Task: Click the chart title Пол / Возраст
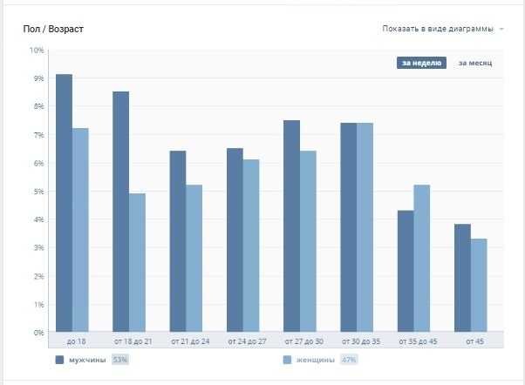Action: click(54, 30)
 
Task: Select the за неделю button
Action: click(422, 63)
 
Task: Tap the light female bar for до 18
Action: click(80, 230)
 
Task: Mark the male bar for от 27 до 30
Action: click(291, 226)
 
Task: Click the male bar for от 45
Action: click(462, 278)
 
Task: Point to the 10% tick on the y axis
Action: click(37, 51)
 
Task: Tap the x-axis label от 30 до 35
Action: click(357, 341)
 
